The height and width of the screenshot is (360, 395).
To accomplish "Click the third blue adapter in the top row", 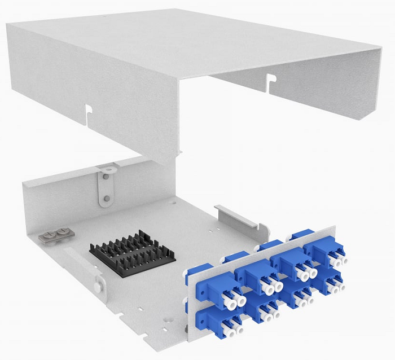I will pos(287,262).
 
